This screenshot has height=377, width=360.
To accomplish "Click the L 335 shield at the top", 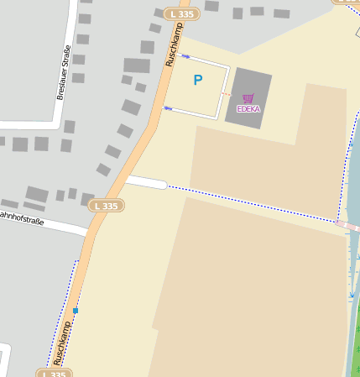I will (181, 14).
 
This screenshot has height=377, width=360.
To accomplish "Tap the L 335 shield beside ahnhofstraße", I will (107, 206).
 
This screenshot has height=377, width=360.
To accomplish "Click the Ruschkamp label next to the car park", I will (174, 45).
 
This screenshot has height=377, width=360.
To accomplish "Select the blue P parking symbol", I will (198, 81).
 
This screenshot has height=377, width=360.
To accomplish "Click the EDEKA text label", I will (248, 109).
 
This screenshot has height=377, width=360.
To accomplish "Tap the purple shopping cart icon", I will (248, 98).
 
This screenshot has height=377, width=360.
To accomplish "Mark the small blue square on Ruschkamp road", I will (76, 311).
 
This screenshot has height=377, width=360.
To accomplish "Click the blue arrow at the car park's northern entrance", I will (185, 56).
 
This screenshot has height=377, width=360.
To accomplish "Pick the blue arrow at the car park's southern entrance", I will (169, 108).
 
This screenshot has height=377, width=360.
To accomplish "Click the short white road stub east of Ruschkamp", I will (146, 181).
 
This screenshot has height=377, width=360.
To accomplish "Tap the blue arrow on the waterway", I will (352, 296).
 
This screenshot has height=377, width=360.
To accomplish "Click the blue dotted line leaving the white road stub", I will (252, 202).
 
